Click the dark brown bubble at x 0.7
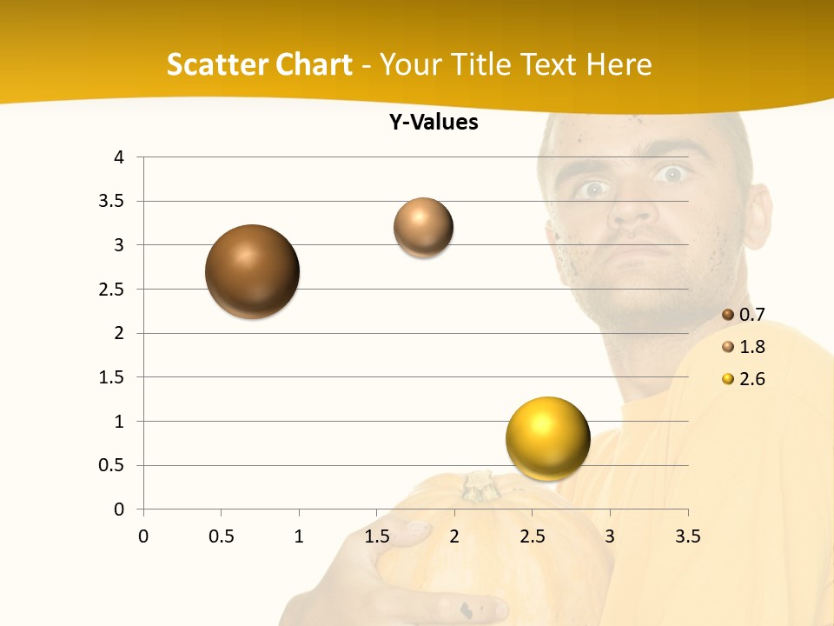point(252,271)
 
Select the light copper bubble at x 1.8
point(423,227)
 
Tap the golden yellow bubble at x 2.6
point(547,438)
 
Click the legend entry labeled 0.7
point(744,315)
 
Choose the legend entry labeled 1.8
point(744,347)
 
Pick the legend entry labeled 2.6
point(744,379)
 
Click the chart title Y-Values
point(434,123)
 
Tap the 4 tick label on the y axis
point(119,157)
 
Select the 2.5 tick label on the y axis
point(111,290)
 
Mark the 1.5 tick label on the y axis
point(111,377)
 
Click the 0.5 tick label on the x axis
point(221,536)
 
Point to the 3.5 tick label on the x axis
point(687,536)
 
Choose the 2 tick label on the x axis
point(454,536)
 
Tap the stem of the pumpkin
point(479,486)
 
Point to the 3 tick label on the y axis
point(119,245)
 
